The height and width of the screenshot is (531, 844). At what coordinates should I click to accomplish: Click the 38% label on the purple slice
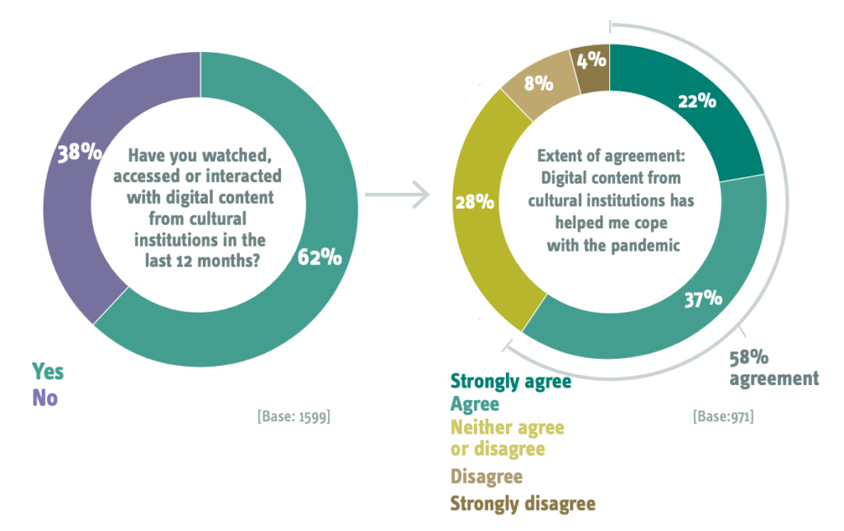coord(80,152)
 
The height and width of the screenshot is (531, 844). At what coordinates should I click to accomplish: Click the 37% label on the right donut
coord(703,298)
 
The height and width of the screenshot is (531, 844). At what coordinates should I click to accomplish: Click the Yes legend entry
coord(48,371)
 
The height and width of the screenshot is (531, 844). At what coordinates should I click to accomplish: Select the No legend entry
coord(45,398)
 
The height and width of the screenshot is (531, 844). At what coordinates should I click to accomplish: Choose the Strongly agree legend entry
coord(510,381)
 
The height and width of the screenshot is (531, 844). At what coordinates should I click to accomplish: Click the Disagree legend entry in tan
coord(486,477)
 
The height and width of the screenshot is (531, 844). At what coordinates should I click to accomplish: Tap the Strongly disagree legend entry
coord(522,503)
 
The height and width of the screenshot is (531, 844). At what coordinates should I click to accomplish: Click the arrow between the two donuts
coord(397,195)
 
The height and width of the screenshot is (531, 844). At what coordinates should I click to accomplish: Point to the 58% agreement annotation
coord(773,368)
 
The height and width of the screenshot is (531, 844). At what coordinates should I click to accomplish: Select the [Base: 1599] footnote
coord(293,416)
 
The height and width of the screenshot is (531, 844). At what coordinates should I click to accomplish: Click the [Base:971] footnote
coord(723,416)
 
